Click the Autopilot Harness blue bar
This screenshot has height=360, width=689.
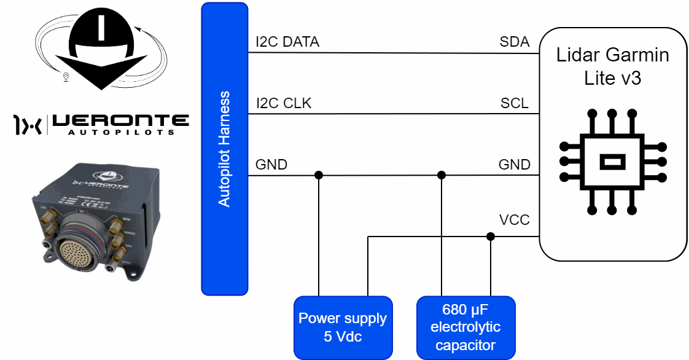tap(225, 148)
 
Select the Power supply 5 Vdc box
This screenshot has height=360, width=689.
tap(343, 327)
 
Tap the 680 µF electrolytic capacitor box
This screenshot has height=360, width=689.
tap(465, 327)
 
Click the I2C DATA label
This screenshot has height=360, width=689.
tap(287, 42)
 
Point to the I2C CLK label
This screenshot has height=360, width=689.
tap(284, 103)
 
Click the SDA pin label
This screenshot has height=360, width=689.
tap(515, 42)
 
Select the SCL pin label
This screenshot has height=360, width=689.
tap(515, 103)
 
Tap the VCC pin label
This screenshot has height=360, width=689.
tap(515, 219)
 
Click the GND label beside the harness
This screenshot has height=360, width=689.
tap(271, 165)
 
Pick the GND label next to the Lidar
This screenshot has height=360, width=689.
tap(514, 165)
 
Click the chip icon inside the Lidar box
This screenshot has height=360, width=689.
tap(612, 162)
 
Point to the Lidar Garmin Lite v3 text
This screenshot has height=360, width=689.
tap(612, 66)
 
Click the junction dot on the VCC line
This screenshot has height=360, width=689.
tap(490, 237)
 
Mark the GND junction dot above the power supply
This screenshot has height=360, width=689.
tap(319, 175)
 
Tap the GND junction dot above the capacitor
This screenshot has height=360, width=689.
tap(441, 175)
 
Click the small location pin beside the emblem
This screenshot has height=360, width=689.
tap(66, 77)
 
